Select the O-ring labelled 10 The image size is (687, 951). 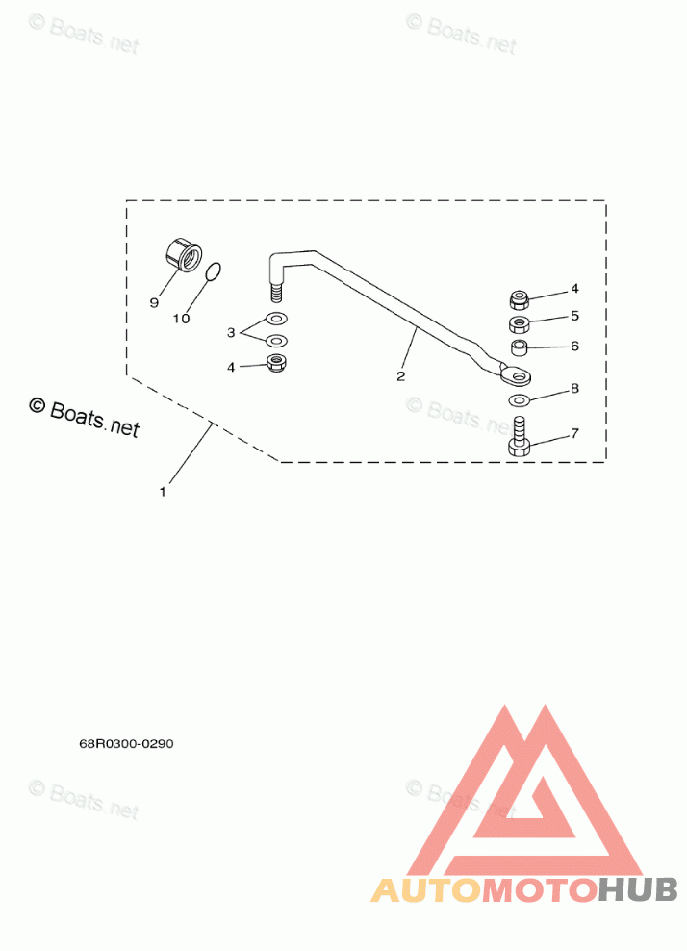point(215,273)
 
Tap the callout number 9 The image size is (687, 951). point(153,302)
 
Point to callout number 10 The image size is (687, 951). point(181,319)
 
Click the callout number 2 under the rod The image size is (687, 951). point(401,375)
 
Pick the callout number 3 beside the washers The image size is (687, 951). point(231,332)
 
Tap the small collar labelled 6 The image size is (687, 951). point(519,346)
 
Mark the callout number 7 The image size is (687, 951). point(574,433)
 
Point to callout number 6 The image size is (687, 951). point(574,345)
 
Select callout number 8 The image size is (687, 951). point(574,389)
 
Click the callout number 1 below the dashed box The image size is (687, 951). point(163,492)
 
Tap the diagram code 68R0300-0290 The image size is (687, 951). point(126,743)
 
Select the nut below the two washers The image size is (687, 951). point(277,363)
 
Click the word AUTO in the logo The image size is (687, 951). point(425,890)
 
